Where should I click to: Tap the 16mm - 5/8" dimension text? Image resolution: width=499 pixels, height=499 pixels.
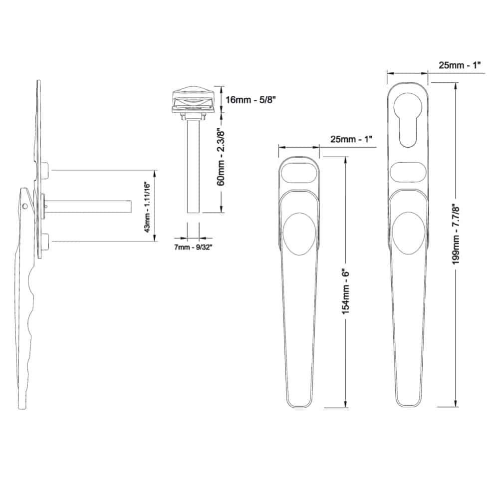pos(250,99)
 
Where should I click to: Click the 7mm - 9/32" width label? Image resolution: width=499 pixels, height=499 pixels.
pos(193,247)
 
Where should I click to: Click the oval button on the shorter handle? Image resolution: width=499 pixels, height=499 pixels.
pos(298,234)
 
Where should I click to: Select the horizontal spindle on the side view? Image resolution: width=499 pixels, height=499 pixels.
pos(90,205)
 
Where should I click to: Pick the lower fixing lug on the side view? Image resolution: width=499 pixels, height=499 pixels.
pos(45,242)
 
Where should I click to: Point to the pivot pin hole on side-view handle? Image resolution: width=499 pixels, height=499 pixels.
pos(26,205)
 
